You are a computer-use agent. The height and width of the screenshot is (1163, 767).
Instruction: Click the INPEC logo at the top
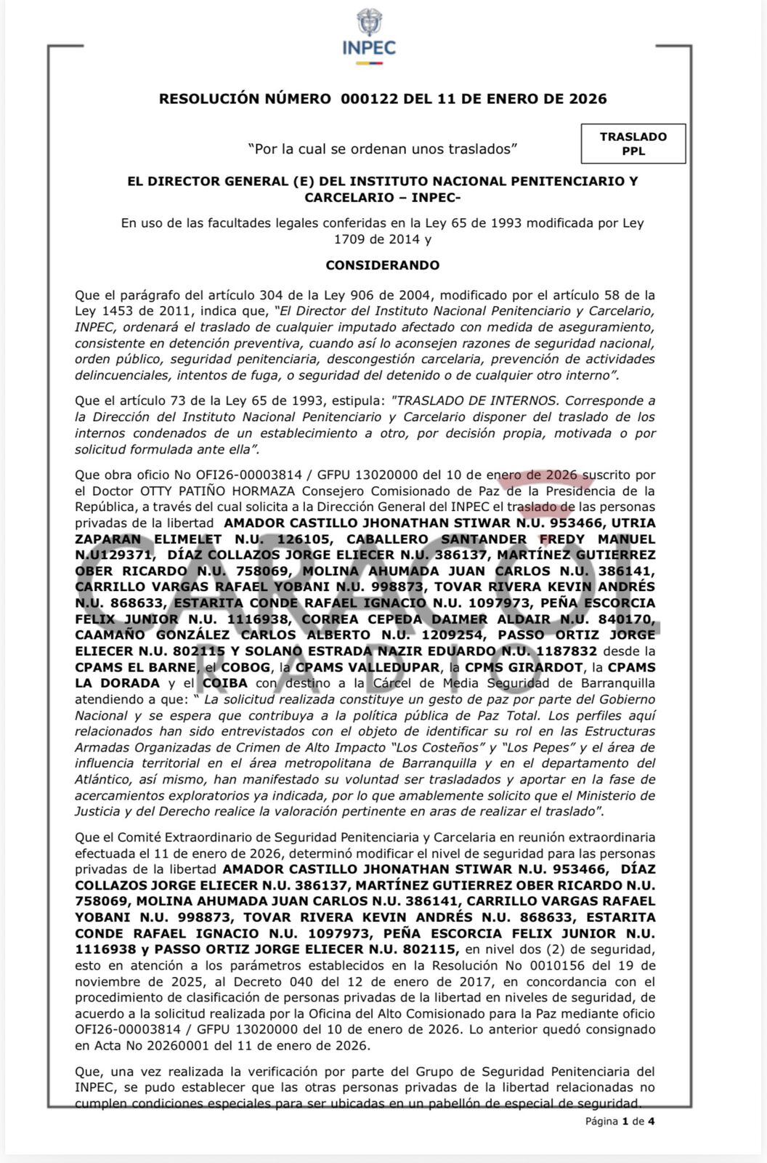click(369, 36)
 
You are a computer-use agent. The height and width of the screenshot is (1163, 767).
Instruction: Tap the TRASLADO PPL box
click(633, 143)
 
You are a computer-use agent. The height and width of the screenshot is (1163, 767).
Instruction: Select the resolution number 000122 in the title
click(369, 99)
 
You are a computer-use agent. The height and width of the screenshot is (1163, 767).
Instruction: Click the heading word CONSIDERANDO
click(382, 265)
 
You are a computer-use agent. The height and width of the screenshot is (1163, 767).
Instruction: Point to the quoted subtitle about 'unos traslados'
click(382, 149)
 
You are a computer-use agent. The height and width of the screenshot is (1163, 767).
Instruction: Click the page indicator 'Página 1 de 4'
click(620, 1121)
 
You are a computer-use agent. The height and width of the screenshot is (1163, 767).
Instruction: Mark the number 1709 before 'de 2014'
click(349, 239)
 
